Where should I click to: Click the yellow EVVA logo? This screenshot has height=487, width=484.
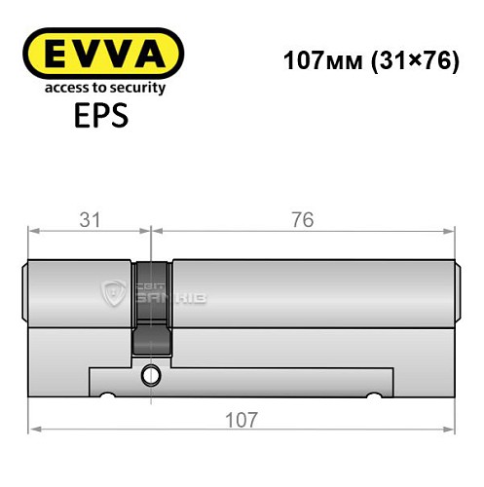click(x=103, y=54)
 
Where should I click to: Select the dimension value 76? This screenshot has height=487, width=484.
click(x=302, y=220)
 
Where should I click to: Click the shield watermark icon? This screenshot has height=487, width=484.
click(x=114, y=290)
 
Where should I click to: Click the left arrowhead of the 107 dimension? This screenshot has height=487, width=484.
click(x=35, y=429)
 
